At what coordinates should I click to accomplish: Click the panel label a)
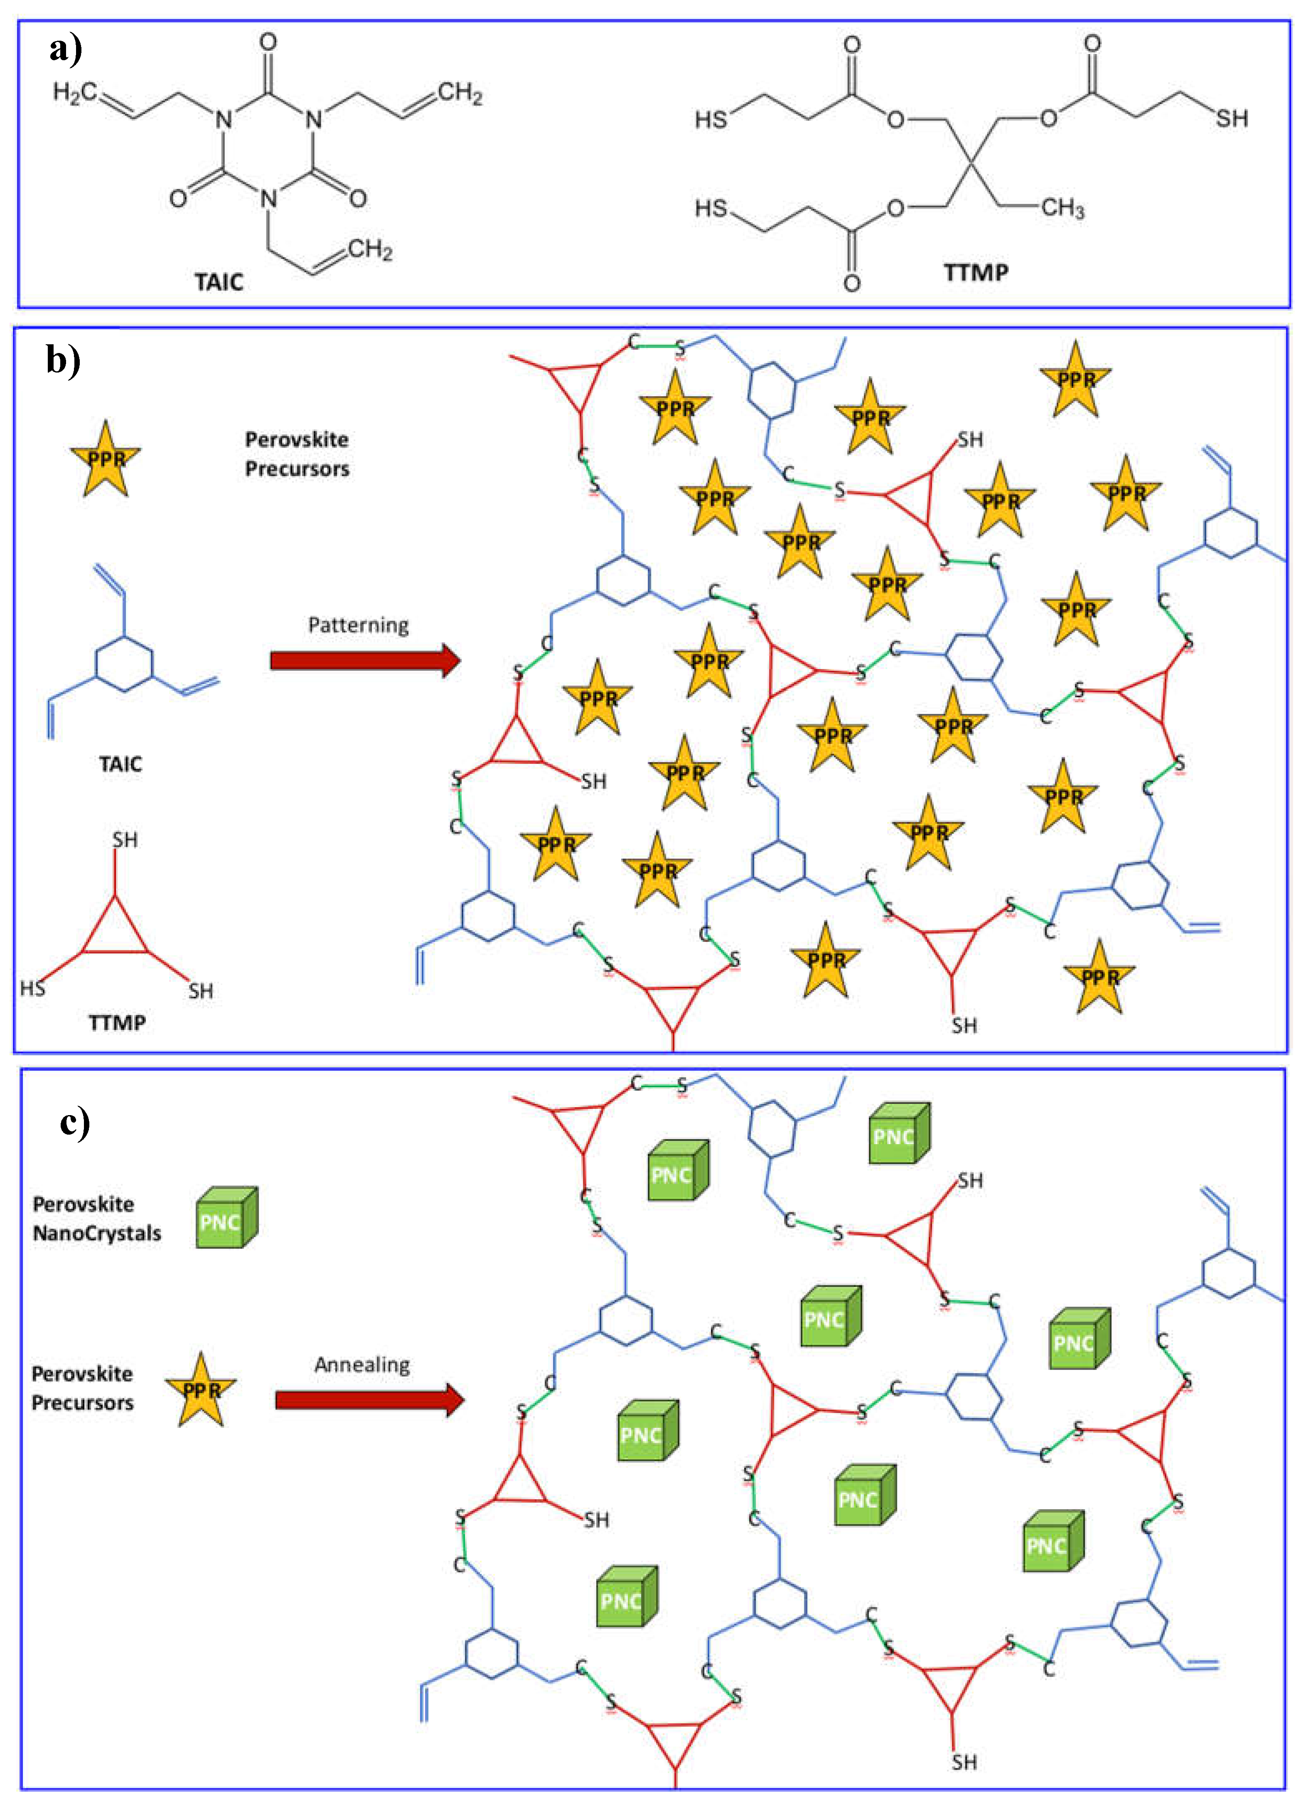[x=65, y=49]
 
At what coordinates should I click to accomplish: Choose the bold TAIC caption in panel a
[x=219, y=282]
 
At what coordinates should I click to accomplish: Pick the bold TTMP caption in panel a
[x=976, y=272]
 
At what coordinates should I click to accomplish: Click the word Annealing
[x=362, y=1365]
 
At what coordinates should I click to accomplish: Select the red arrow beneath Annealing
[x=369, y=1400]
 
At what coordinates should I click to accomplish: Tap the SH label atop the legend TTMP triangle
[x=124, y=840]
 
